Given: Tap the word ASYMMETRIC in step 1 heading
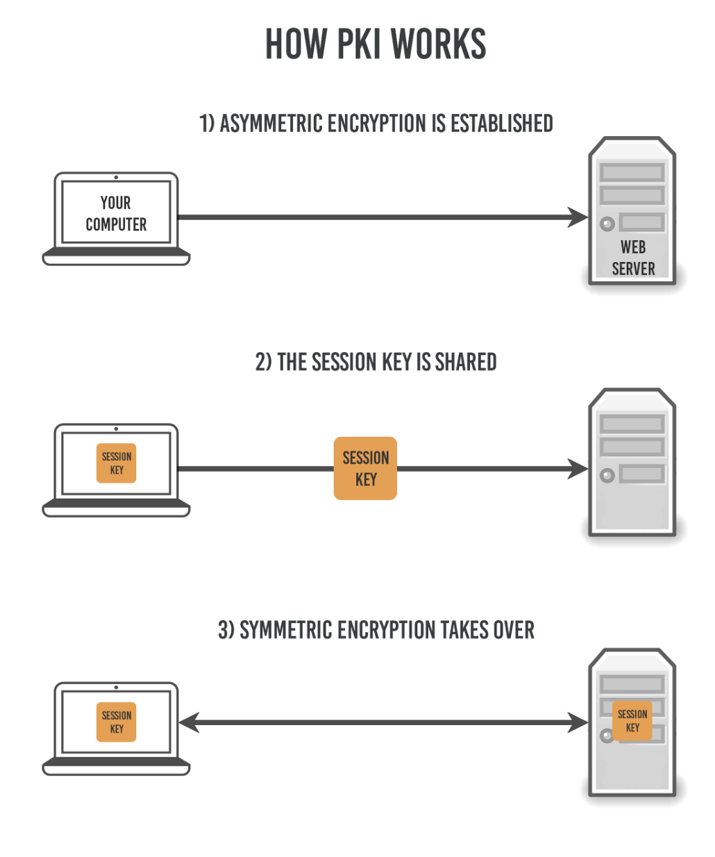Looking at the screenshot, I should (271, 124).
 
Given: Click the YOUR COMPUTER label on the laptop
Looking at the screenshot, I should (116, 213).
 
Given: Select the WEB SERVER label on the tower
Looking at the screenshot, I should (633, 258).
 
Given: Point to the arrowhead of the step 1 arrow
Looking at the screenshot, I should (578, 217).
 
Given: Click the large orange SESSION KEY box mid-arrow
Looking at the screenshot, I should (365, 468).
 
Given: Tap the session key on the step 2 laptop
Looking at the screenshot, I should (116, 463).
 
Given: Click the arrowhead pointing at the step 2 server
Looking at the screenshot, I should (578, 469).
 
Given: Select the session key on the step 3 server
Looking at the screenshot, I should (632, 721).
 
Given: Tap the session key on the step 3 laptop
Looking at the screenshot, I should (116, 722).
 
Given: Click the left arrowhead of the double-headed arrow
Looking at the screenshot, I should (189, 723).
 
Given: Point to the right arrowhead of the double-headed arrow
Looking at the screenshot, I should (578, 723).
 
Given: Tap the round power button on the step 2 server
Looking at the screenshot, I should (607, 476).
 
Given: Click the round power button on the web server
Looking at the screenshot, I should (607, 224).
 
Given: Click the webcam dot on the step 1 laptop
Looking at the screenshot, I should (116, 178).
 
